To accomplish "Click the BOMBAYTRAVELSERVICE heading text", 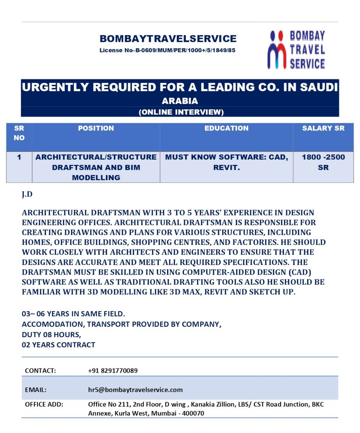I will [x=168, y=39].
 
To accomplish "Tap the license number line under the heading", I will [x=167, y=50].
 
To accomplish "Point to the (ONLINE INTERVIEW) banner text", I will [x=181, y=112].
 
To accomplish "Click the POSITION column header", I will [x=96, y=128].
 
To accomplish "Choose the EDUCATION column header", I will [x=226, y=128].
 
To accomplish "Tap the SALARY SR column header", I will [x=323, y=128].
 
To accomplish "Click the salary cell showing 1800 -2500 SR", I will [x=323, y=162].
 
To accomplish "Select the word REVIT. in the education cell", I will [x=226, y=167].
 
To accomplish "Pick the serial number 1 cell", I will [x=19, y=157].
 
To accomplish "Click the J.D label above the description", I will [x=27, y=194].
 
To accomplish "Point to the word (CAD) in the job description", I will [x=300, y=272].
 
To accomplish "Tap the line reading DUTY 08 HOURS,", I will [x=51, y=335].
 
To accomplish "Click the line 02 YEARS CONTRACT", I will [x=58, y=345].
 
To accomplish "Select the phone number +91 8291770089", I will [x=113, y=371].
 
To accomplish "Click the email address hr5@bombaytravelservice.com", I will [x=135, y=390].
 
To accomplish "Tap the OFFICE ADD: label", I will [x=44, y=404].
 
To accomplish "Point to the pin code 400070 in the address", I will [x=193, y=413].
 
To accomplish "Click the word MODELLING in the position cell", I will [x=96, y=178].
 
